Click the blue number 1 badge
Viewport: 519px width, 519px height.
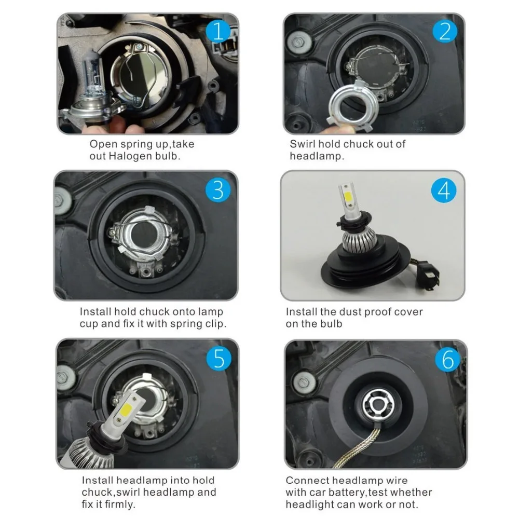pyautogui.click(x=218, y=32)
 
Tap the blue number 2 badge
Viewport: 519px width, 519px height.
pyautogui.click(x=445, y=32)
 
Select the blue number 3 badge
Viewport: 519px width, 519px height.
pyautogui.click(x=218, y=190)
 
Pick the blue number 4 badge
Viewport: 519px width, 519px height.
pyautogui.click(x=444, y=190)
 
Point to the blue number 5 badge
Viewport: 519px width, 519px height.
pyautogui.click(x=219, y=358)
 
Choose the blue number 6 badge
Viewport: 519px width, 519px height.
pyautogui.click(x=447, y=359)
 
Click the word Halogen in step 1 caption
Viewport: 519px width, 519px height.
pyautogui.click(x=129, y=156)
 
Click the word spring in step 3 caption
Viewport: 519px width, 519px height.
pyautogui.click(x=187, y=324)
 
